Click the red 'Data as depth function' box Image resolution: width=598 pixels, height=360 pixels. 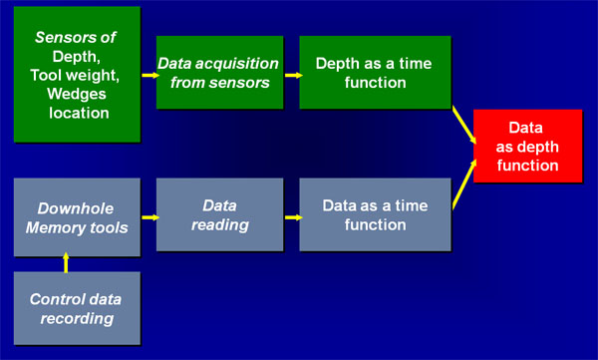(528, 146)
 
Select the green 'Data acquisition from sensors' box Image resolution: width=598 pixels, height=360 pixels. (219, 72)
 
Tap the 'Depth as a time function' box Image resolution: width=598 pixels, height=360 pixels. (376, 72)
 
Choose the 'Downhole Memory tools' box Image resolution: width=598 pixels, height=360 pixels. (77, 217)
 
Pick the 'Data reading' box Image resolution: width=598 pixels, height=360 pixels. (219, 214)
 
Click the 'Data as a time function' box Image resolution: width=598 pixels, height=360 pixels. (376, 214)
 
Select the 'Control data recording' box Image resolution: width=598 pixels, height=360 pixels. (77, 308)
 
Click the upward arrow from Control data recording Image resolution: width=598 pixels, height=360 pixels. (66, 262)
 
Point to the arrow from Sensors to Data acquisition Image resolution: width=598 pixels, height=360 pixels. (150, 75)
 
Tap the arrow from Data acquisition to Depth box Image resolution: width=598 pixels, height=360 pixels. (293, 75)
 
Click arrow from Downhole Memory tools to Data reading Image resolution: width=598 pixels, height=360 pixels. (150, 217)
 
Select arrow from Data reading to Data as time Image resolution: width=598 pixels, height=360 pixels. (293, 217)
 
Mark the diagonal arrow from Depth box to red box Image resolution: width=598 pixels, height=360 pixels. (464, 125)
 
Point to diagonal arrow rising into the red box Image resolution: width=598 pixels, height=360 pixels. (464, 184)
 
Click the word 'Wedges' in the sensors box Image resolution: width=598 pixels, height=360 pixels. (77, 94)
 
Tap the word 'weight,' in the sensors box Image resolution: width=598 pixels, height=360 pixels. (95, 76)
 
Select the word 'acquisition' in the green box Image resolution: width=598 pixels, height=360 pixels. (237, 64)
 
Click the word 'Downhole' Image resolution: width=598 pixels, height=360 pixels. (76, 208)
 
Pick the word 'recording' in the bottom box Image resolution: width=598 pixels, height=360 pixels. (77, 319)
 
